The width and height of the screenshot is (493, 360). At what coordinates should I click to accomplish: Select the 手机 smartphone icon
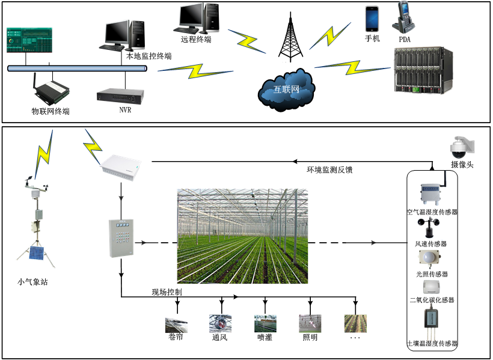(372, 19)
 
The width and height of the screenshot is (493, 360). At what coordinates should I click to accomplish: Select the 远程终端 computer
(196, 19)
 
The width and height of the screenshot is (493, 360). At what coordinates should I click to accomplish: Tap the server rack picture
(421, 72)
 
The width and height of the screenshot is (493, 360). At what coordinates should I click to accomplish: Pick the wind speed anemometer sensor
(432, 228)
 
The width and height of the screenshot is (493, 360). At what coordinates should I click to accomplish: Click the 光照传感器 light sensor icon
(432, 259)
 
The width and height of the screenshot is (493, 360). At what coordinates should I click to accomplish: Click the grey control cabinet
(120, 238)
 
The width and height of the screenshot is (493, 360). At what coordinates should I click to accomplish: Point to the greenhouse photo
(242, 236)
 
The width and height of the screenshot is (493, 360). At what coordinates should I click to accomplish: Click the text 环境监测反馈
(329, 170)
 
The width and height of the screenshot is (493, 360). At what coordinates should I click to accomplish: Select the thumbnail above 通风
(219, 323)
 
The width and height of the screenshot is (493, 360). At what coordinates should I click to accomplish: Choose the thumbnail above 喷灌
(265, 323)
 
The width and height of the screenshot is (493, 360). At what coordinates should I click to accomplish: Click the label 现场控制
(167, 292)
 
